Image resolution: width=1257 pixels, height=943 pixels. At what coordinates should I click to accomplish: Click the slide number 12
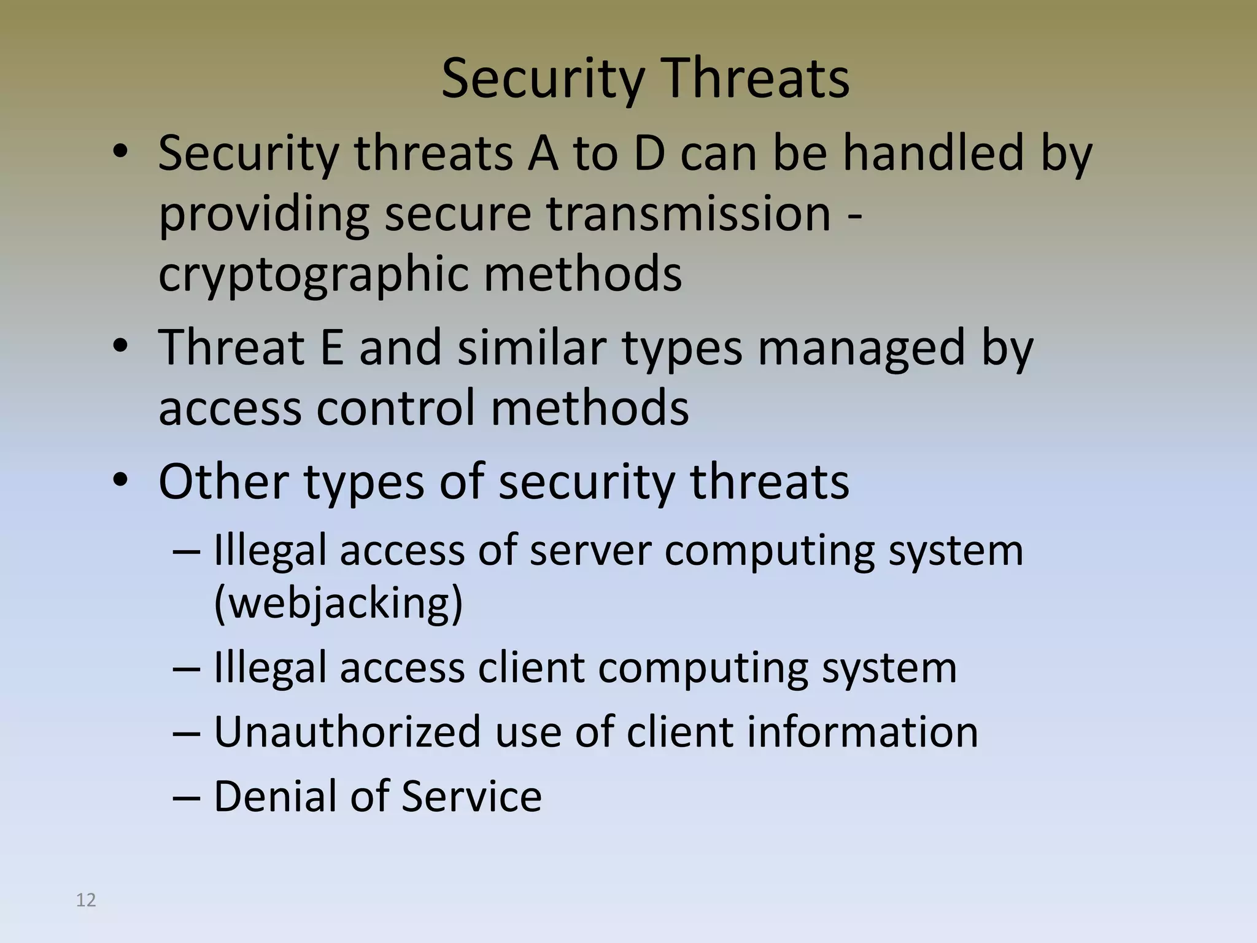(86, 900)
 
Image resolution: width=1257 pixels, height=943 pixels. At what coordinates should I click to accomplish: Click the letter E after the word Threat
(331, 347)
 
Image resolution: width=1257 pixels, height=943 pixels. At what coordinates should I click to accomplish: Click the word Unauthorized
(347, 732)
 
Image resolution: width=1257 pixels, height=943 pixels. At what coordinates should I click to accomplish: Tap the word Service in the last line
(471, 796)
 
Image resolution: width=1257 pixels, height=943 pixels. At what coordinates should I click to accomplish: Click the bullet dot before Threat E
(120, 347)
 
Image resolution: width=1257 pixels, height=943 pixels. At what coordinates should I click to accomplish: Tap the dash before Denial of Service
(187, 797)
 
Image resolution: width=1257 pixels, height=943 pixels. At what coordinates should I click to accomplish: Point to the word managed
(861, 347)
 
